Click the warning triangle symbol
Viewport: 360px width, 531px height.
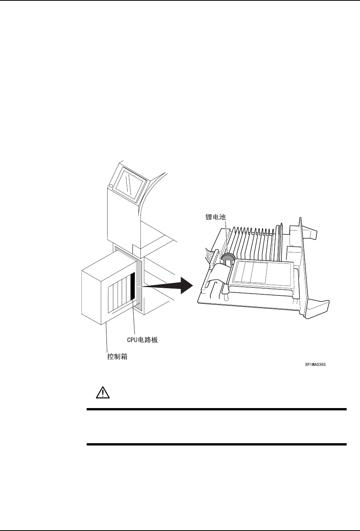click(x=102, y=393)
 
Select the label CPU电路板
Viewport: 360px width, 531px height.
click(x=142, y=339)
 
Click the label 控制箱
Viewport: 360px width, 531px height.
click(x=117, y=357)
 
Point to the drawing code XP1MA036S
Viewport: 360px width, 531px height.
click(x=315, y=365)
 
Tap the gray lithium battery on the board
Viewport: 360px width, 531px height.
click(x=228, y=258)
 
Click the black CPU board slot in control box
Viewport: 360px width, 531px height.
click(x=133, y=286)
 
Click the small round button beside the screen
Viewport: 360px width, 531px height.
click(x=110, y=186)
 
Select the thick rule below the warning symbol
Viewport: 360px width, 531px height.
click(x=216, y=410)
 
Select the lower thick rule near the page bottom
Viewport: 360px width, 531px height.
click(x=216, y=444)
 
